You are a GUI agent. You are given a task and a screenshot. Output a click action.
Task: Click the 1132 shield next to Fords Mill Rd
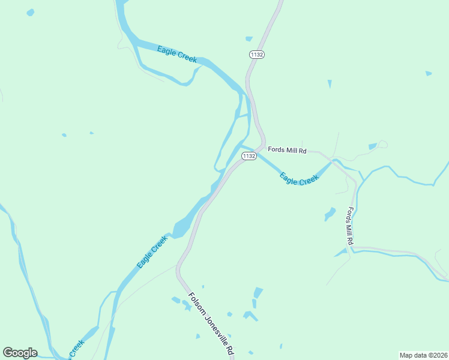[249, 156]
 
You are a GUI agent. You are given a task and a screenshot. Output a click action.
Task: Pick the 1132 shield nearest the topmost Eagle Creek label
[258, 55]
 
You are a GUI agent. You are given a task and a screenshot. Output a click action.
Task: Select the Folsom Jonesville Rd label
[211, 324]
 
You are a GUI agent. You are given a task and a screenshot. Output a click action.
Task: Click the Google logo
[20, 353]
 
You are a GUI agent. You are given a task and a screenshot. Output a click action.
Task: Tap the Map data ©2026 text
[423, 355]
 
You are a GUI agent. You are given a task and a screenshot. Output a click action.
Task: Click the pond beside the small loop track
[373, 146]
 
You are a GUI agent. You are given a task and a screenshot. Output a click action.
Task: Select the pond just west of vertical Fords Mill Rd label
[330, 214]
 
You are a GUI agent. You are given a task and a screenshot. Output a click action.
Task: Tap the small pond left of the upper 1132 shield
[249, 39]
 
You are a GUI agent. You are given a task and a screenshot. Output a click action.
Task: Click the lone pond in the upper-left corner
[30, 12]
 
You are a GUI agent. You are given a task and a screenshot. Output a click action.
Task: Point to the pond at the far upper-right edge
[428, 73]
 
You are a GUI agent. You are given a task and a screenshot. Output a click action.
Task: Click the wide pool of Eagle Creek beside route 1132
[182, 229]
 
